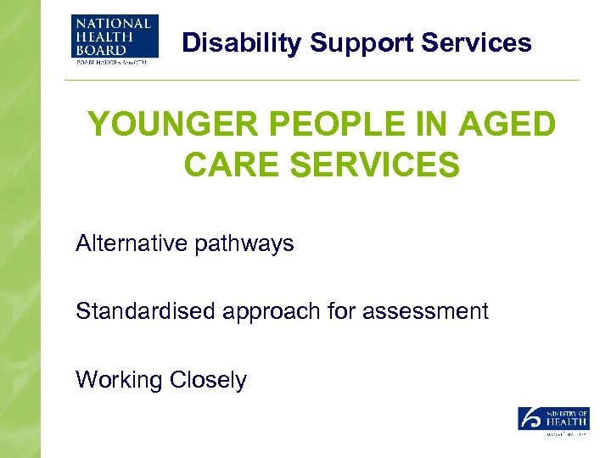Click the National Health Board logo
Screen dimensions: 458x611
point(115,41)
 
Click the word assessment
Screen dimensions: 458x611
point(425,312)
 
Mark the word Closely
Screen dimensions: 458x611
point(208,380)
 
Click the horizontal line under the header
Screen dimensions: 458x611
point(322,81)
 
